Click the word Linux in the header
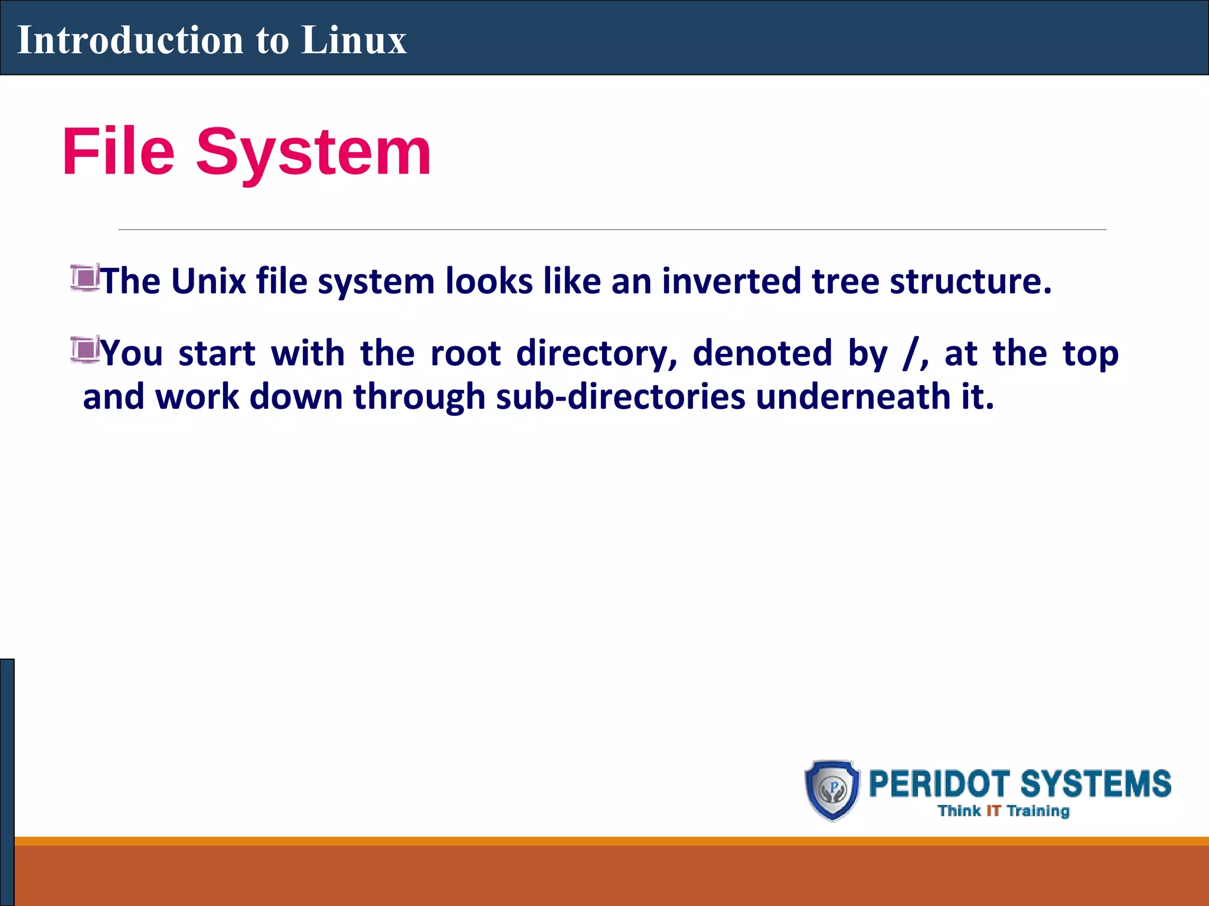354,40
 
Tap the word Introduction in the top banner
130,40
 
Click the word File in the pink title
119,152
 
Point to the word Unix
208,281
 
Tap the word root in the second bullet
466,353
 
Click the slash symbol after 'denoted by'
910,354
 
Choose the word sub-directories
620,396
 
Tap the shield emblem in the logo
832,790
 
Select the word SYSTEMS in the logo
1096,784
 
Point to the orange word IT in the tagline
994,811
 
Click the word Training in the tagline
1038,812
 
